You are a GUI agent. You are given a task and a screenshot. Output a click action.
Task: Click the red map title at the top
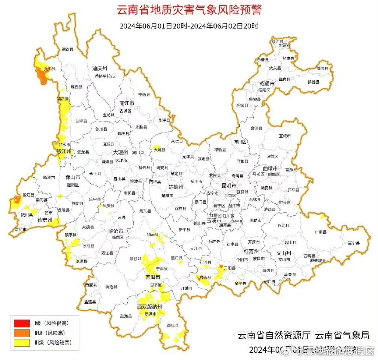pyautogui.click(x=189, y=10)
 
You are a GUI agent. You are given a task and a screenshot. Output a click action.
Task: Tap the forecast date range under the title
pyautogui.click(x=189, y=26)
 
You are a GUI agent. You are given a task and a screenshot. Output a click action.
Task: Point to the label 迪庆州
pyautogui.click(x=100, y=68)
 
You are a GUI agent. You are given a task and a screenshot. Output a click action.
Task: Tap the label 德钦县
pyautogui.click(x=67, y=49)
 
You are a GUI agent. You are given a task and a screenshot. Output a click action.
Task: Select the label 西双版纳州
pyautogui.click(x=149, y=307)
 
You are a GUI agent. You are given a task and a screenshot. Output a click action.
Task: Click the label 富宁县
pyautogui.click(x=353, y=243)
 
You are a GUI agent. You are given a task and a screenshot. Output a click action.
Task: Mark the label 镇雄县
pyautogui.click(x=314, y=82)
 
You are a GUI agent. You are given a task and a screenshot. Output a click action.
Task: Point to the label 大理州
pyautogui.click(x=121, y=153)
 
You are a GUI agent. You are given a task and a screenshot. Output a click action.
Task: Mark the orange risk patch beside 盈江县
pyautogui.click(x=17, y=199)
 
